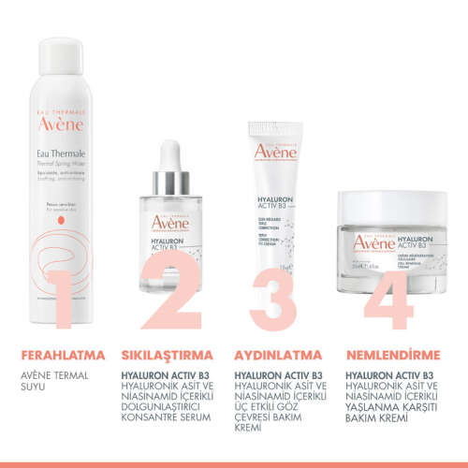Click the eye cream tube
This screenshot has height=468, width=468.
[278, 206]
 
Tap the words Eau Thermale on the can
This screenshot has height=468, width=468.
[63, 151]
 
